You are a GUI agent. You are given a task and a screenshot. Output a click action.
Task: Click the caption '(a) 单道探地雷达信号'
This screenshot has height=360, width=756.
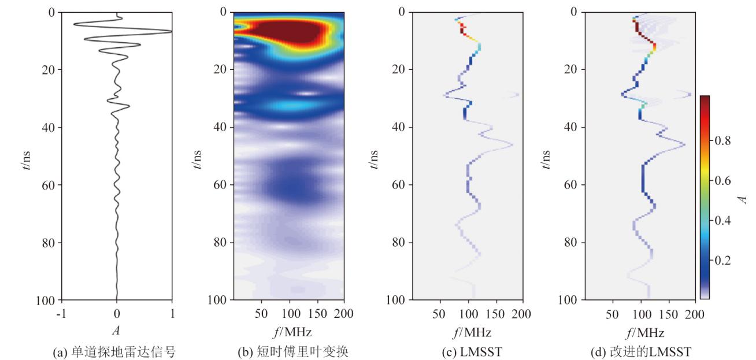pyautogui.click(x=117, y=351)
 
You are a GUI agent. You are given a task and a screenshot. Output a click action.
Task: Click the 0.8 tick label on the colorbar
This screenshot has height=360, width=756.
pyautogui.click(x=728, y=140)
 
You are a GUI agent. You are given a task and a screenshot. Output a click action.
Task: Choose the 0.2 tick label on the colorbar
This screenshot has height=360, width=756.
pyautogui.click(x=728, y=260)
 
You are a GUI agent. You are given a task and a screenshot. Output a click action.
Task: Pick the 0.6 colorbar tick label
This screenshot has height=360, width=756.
pyautogui.click(x=728, y=180)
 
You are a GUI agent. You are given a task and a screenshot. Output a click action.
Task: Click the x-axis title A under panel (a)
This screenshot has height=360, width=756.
pyautogui.click(x=117, y=332)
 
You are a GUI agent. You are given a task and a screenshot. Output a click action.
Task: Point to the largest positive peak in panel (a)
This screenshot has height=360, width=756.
pyautogui.click(x=170, y=31)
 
